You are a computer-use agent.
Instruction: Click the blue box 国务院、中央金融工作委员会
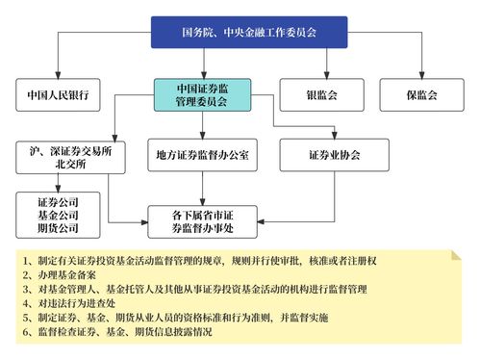point(249,32)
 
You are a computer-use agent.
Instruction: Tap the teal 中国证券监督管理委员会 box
point(201,94)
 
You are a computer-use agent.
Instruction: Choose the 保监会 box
point(422,95)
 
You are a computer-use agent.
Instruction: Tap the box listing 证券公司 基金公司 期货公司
point(58,217)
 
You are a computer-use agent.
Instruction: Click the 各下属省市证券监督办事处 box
point(201,222)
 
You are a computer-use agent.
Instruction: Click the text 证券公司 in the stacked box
point(58,203)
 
